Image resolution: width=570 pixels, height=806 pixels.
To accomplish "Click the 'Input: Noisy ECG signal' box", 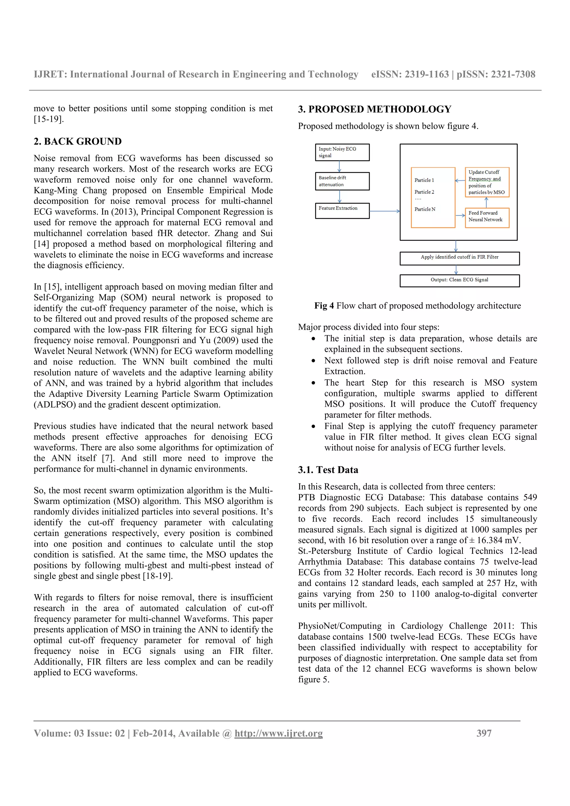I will (342, 152).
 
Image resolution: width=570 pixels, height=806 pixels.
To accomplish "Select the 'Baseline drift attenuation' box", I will (342, 181).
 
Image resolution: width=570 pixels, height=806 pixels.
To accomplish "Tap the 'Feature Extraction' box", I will (342, 211).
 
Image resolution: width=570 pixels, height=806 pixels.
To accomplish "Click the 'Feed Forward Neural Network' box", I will (487, 217).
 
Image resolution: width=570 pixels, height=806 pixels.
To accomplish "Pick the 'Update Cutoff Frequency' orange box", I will (487, 182).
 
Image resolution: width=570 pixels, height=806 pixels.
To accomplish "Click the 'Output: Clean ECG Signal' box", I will (460, 280).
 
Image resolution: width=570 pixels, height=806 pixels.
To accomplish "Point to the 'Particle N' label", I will (425, 209).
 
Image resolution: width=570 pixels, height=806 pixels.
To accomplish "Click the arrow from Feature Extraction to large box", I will (385, 211).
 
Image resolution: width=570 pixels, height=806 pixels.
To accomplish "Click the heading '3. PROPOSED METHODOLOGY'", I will (374, 109).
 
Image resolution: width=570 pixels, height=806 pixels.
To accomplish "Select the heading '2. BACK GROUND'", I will (78, 142).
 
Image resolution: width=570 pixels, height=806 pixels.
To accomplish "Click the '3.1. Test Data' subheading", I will (328, 470).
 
